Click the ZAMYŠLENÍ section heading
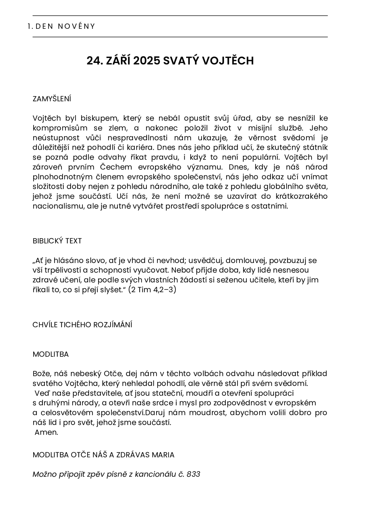[x=52, y=99]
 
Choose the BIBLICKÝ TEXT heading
[x=57, y=241]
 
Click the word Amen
[x=46, y=432]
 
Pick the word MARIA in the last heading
[x=163, y=455]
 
